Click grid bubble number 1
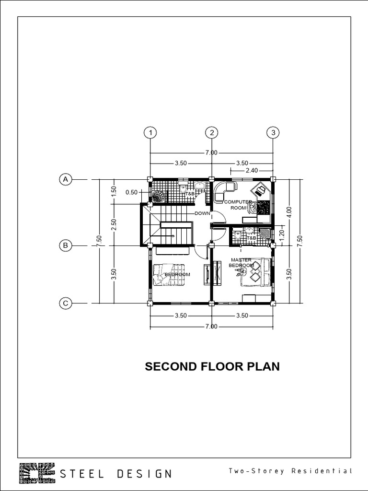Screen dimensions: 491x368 (x=150, y=132)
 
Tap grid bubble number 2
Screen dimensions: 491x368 (x=211, y=132)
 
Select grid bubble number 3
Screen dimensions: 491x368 (x=273, y=132)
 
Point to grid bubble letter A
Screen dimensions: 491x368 (x=65, y=179)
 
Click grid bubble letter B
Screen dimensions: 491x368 (x=65, y=245)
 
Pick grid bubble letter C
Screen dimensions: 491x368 (x=65, y=303)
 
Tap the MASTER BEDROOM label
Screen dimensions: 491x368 (x=241, y=263)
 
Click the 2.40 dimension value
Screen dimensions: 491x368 (x=252, y=170)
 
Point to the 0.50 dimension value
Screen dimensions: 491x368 (x=131, y=192)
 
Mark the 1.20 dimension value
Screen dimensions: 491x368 (x=282, y=235)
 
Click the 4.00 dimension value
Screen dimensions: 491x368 (x=289, y=212)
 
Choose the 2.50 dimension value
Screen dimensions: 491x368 (x=114, y=224)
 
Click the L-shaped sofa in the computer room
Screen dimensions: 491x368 (x=223, y=190)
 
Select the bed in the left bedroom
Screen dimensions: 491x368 (x=168, y=275)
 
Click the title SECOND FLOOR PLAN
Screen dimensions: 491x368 (x=212, y=367)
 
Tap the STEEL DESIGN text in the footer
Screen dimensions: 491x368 (x=115, y=474)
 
